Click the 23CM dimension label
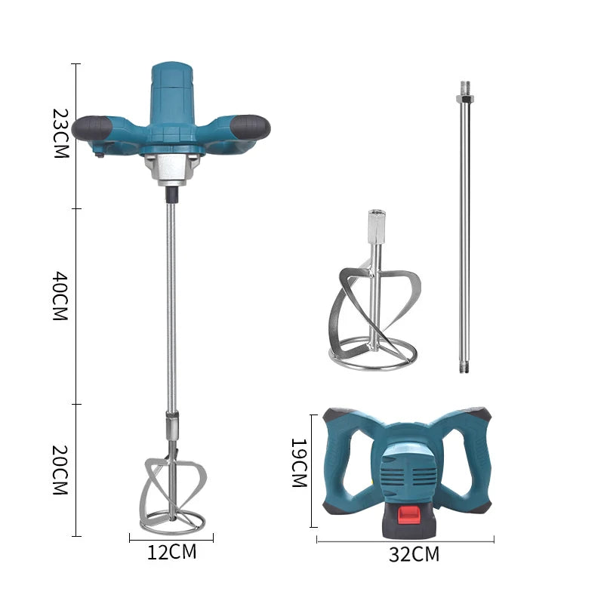pos(60,134)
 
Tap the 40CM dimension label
pos(60,296)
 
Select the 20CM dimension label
pos(60,470)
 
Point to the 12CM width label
pos(172,552)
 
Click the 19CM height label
pos(299,463)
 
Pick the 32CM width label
pos(414,554)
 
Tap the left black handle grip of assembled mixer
pos(91,128)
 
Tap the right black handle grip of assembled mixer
pos(251,127)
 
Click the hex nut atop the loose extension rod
pos(465,99)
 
